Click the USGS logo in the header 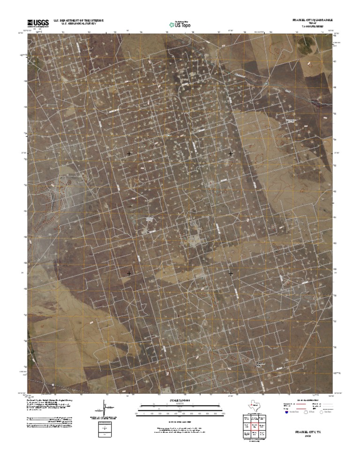38,22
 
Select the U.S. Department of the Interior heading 79,21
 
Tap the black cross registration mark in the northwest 129,154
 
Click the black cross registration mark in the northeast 231,154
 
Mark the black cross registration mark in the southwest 129,273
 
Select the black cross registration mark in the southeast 231,273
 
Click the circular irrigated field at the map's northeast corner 307,46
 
